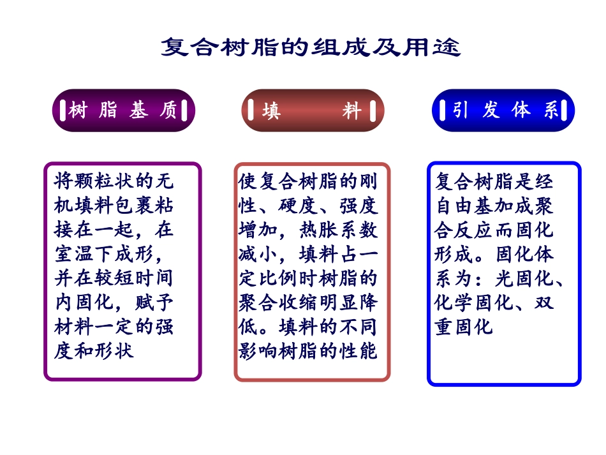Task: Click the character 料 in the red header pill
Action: pos(351,111)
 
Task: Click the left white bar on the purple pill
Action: pos(62,110)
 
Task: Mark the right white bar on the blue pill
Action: pos(566,110)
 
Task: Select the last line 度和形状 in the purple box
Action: pos(94,351)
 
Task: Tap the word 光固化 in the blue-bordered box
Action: pos(524,279)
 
